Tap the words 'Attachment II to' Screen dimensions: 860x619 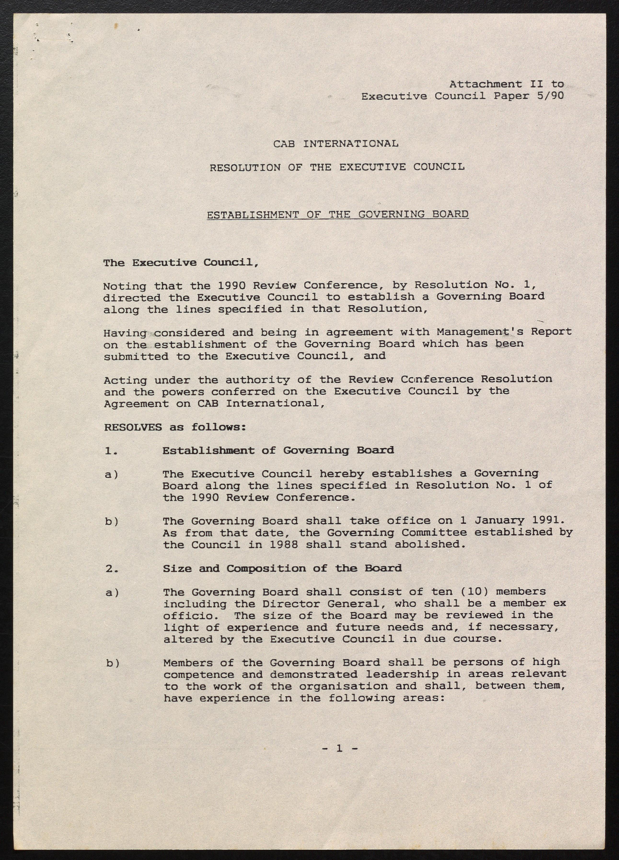coord(506,84)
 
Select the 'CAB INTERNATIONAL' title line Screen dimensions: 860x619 coord(336,144)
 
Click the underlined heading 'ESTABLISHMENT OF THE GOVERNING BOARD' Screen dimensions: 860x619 coord(337,214)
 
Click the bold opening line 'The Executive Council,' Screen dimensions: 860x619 coord(181,262)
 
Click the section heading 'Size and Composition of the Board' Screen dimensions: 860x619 coord(282,568)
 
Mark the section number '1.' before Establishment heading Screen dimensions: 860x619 coord(111,450)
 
